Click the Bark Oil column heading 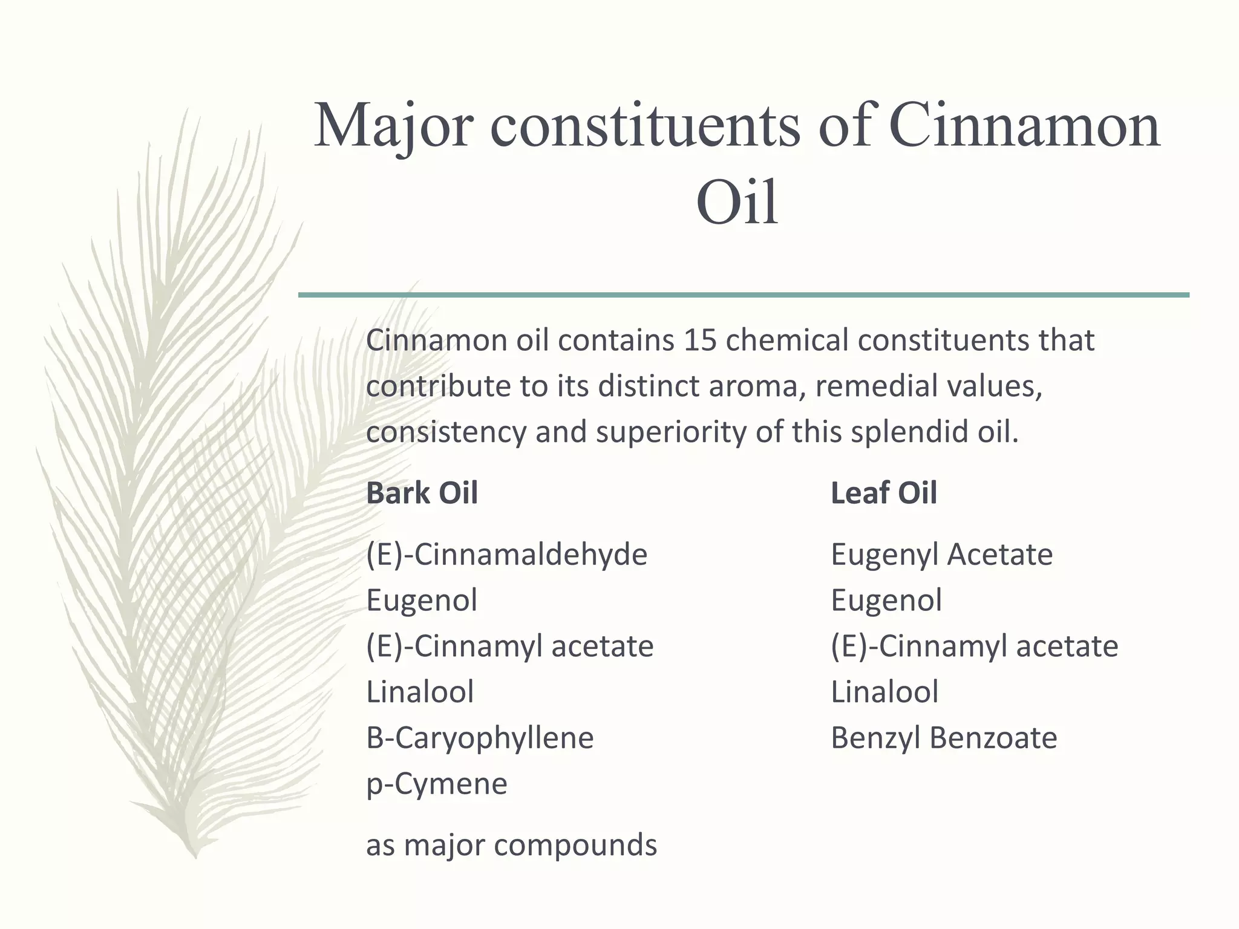tap(422, 493)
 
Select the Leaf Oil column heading tap(883, 493)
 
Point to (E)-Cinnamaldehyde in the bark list tap(506, 555)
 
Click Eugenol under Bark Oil tap(422, 601)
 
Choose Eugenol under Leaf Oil tap(886, 601)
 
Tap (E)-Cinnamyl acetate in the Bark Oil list tap(509, 647)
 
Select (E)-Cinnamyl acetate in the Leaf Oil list tap(974, 647)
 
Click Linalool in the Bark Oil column tap(420, 692)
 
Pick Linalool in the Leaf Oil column tap(884, 692)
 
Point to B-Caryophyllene tap(480, 738)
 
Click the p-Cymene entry tap(436, 784)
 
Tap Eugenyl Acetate tap(941, 555)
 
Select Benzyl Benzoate tap(944, 738)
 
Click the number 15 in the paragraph tap(700, 341)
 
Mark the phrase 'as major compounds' tap(511, 845)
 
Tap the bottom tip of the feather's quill tap(195, 857)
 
